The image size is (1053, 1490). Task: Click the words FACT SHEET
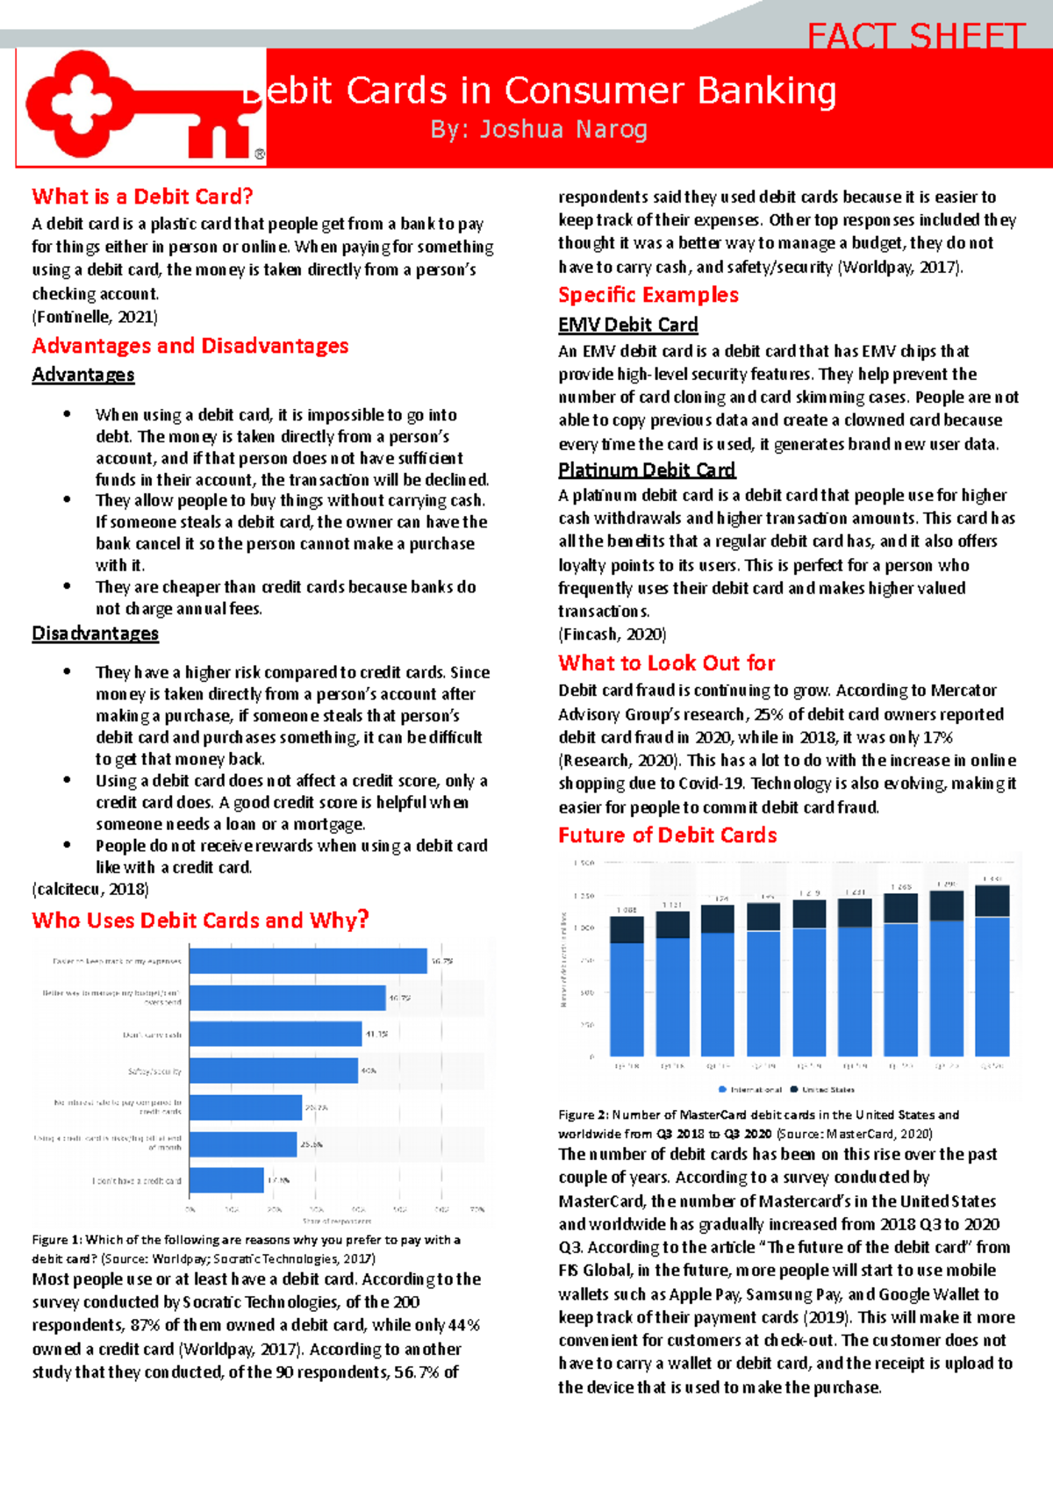(x=915, y=37)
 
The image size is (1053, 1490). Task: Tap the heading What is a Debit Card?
(x=142, y=197)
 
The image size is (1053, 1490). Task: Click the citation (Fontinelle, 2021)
(x=95, y=317)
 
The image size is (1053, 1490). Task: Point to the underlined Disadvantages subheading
(x=95, y=634)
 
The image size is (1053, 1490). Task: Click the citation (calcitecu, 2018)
(x=90, y=889)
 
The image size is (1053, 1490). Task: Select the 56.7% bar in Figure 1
(x=308, y=961)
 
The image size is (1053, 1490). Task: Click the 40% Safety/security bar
(x=273, y=1071)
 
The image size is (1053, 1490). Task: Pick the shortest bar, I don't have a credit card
(x=226, y=1180)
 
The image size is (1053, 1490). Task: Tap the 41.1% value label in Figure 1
(x=377, y=1035)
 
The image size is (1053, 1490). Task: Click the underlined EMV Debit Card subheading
(x=627, y=325)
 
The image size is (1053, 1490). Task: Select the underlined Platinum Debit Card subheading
(x=647, y=469)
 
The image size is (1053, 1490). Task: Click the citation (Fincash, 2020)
(x=612, y=634)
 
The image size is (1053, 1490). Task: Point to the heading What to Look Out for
(x=667, y=663)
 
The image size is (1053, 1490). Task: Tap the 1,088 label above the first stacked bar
(x=627, y=910)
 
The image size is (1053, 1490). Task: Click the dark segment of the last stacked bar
(x=992, y=901)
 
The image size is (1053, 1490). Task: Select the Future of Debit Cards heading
(x=667, y=835)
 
